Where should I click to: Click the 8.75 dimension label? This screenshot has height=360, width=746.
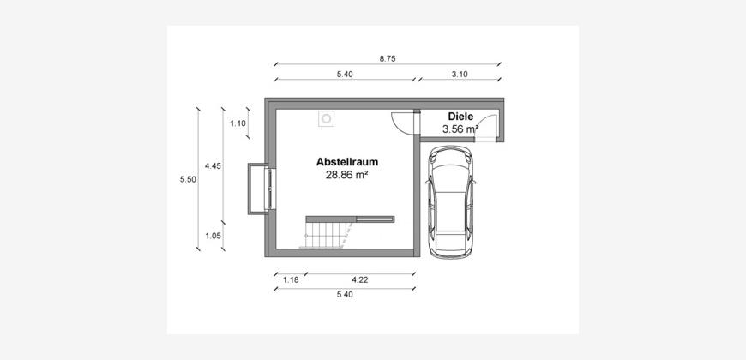pos(388,59)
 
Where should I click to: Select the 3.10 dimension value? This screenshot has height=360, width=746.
pos(459,75)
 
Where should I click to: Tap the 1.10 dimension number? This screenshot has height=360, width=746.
pos(238,123)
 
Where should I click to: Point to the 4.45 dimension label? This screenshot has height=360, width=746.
pos(213,166)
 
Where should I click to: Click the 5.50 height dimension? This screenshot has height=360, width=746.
pos(188,179)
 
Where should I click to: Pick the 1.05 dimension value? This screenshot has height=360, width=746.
pos(213,236)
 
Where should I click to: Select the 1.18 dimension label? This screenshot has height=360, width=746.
pos(291,279)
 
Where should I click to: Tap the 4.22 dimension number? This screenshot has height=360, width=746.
pos(359,279)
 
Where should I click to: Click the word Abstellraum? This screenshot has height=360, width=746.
pos(347,162)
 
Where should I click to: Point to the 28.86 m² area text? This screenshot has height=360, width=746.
pos(347,175)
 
